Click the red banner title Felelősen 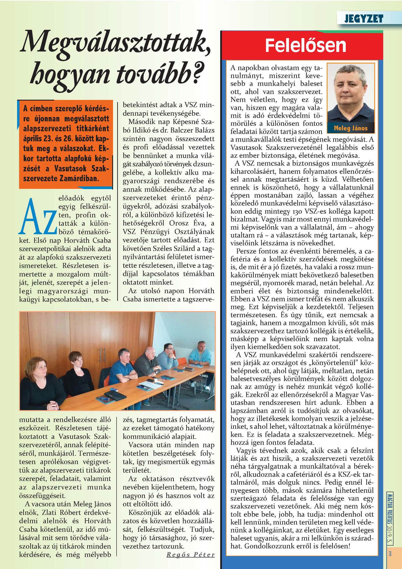(306, 45)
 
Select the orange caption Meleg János (351, 128)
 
